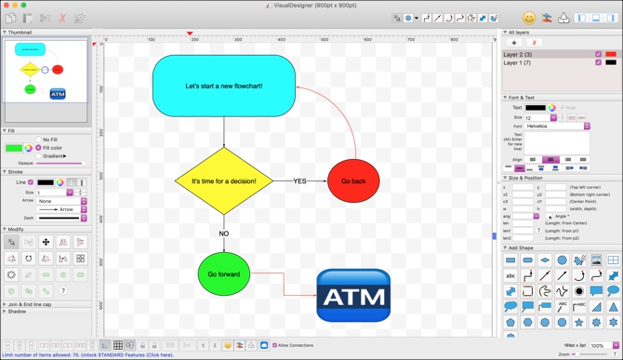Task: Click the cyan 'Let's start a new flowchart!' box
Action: [223, 86]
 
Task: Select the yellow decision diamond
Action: [223, 180]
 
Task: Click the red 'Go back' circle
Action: [353, 181]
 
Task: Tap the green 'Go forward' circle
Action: [223, 274]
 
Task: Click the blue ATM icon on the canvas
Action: [353, 296]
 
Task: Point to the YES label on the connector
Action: [300, 181]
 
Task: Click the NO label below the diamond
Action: [223, 233]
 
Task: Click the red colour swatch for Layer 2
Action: [611, 54]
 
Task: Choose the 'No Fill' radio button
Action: [38, 140]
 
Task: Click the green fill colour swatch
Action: [14, 148]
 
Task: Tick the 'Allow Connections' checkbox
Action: [275, 345]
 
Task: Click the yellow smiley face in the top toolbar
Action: [529, 18]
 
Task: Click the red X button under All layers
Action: [534, 43]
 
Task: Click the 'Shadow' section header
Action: [17, 312]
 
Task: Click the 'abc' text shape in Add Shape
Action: [510, 276]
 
